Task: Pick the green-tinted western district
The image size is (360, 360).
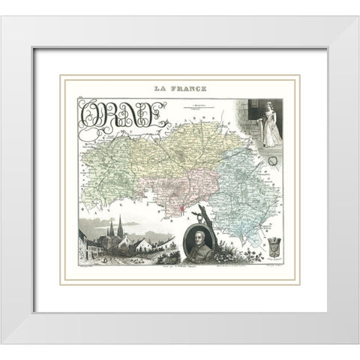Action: (x=105, y=172)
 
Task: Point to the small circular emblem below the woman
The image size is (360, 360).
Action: (x=261, y=160)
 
